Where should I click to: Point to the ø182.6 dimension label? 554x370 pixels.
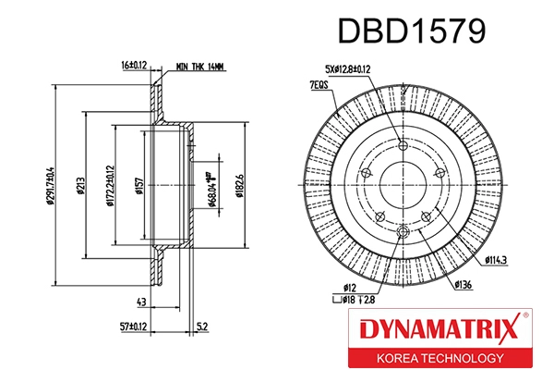pos(239,179)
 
